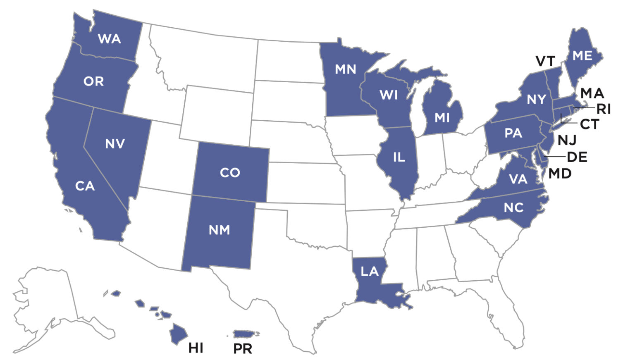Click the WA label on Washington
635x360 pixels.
(x=110, y=39)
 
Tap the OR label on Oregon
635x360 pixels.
(x=93, y=81)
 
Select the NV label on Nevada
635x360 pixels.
(x=115, y=144)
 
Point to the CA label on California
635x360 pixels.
(x=85, y=186)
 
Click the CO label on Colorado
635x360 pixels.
(x=230, y=172)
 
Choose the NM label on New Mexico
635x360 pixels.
(x=219, y=230)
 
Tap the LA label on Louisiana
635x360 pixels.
(x=369, y=272)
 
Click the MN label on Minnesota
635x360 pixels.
(x=345, y=69)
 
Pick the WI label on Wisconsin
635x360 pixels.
(x=389, y=95)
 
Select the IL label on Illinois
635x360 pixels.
(x=399, y=157)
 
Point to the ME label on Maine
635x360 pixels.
(x=582, y=55)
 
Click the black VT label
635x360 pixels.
(x=545, y=62)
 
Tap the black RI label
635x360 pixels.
(x=603, y=109)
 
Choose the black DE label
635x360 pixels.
(x=577, y=157)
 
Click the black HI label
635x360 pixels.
(x=196, y=348)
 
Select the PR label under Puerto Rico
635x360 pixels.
(x=243, y=348)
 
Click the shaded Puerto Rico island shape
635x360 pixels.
(x=246, y=334)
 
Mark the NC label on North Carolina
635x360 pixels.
(x=513, y=207)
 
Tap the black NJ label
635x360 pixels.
(x=567, y=141)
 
